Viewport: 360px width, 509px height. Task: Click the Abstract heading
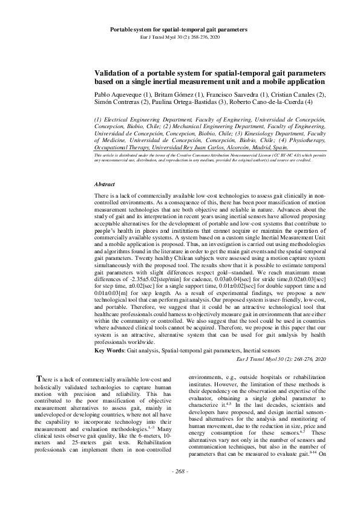point(106,184)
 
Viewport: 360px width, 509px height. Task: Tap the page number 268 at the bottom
point(180,488)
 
